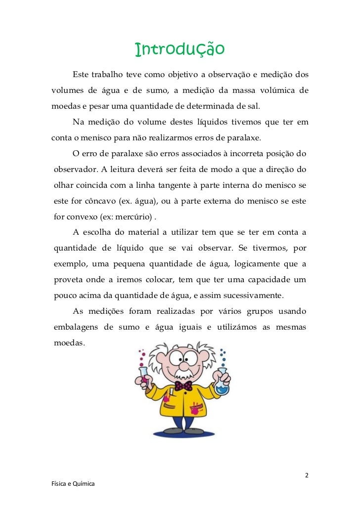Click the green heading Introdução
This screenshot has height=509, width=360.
(x=180, y=49)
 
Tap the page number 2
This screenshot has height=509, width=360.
(x=307, y=475)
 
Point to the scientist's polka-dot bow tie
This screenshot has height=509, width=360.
(x=183, y=385)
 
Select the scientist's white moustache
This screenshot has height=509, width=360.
(x=182, y=373)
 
